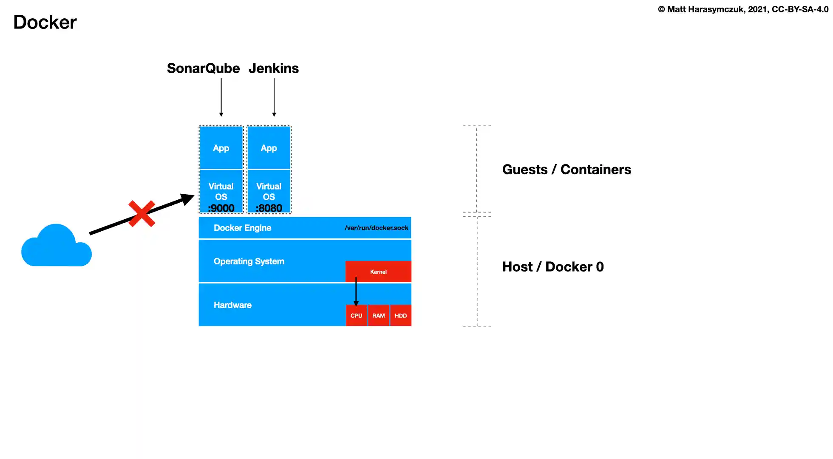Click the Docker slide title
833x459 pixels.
[45, 22]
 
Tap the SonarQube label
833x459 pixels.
[203, 68]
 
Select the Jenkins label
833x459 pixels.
[274, 68]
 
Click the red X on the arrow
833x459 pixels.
[142, 214]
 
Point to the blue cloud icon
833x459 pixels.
[56, 248]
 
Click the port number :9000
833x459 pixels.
[221, 208]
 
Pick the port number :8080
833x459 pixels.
[269, 208]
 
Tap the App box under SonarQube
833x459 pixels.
[221, 148]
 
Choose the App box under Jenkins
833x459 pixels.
[269, 148]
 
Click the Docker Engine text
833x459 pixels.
[242, 228]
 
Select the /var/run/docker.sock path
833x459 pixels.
[376, 228]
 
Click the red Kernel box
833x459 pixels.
[378, 272]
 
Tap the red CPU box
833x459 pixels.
[356, 316]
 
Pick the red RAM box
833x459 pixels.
[378, 316]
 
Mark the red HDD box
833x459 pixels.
[401, 316]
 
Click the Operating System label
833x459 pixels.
[249, 261]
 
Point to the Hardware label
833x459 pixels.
[232, 305]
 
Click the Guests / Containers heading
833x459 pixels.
[567, 170]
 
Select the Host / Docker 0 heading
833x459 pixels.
[553, 267]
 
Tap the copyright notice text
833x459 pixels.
[743, 9]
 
